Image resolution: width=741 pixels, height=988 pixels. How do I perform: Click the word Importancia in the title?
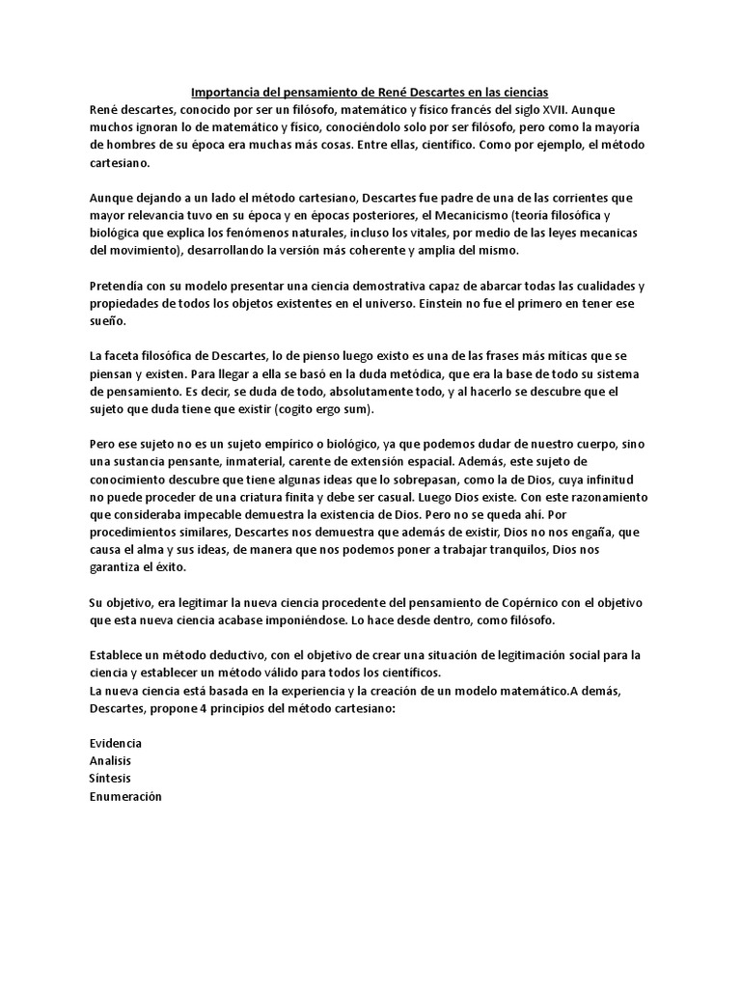pyautogui.click(x=227, y=94)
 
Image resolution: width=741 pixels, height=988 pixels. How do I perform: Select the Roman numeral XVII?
pyautogui.click(x=553, y=110)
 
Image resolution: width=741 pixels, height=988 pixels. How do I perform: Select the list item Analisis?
pyautogui.click(x=109, y=760)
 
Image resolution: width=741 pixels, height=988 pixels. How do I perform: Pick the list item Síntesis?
pyautogui.click(x=109, y=778)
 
